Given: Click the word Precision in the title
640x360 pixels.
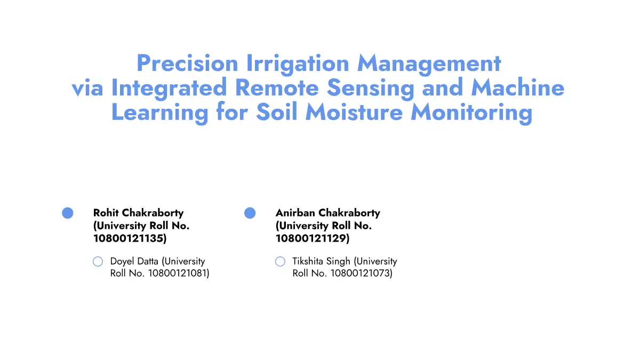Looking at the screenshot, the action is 187,63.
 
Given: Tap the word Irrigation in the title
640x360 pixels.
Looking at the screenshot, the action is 298,65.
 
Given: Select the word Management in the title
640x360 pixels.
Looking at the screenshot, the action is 429,65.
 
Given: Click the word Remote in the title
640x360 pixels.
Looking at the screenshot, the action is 277,87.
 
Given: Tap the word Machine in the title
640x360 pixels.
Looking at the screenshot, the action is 518,87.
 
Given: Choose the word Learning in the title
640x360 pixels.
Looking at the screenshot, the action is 159,114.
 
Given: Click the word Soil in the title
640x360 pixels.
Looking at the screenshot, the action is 277,111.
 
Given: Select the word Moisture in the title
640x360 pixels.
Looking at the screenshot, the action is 354,111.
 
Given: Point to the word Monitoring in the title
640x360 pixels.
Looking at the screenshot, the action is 471,114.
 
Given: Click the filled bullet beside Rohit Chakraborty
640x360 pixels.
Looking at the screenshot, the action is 67,213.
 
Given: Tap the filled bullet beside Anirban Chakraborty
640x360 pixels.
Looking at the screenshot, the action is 250,213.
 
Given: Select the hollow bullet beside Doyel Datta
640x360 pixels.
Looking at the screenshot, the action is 98,261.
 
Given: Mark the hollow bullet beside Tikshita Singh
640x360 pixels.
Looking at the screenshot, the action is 280,261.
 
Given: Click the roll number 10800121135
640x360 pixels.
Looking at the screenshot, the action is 129,238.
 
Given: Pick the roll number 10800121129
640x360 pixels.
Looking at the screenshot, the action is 311,238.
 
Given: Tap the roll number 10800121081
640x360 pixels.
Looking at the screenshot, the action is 177,274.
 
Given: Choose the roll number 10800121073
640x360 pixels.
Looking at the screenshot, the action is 359,274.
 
